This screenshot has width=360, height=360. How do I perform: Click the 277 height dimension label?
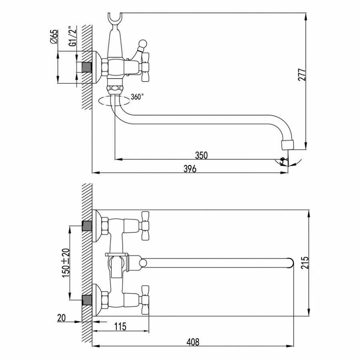(x=303, y=75)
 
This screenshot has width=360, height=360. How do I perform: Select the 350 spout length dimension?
(x=201, y=155)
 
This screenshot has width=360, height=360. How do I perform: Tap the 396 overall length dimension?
(x=190, y=168)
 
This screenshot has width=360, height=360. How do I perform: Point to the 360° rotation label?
(x=137, y=97)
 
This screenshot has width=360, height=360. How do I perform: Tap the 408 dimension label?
(x=193, y=342)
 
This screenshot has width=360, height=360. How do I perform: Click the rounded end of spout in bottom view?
(x=292, y=263)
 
